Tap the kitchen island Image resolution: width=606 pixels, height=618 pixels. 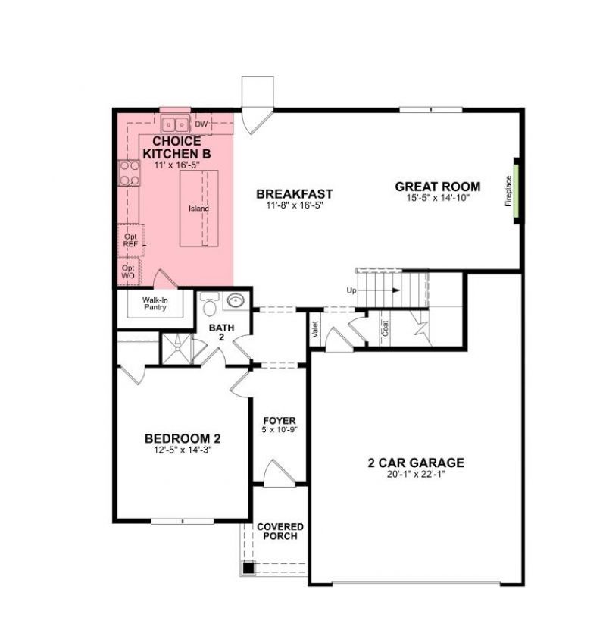(199, 208)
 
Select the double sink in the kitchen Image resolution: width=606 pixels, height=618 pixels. (175, 124)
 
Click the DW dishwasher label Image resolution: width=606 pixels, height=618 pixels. (201, 124)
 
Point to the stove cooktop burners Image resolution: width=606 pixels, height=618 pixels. (127, 174)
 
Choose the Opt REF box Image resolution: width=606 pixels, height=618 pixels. (130, 240)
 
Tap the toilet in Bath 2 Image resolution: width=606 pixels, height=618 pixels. (210, 305)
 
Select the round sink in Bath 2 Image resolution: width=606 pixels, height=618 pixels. (236, 300)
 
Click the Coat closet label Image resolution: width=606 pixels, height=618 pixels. (385, 328)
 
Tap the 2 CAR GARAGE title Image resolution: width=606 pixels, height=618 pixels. (416, 463)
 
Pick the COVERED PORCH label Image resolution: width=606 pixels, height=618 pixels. (280, 532)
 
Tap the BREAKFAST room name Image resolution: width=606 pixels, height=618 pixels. (295, 194)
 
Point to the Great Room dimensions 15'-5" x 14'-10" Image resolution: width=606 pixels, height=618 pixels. (438, 198)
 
